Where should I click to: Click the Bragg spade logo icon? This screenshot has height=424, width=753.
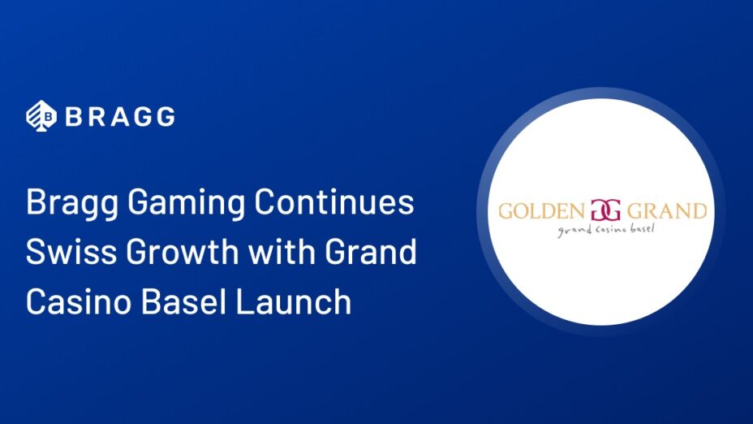[41, 116]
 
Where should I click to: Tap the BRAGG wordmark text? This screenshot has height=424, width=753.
[120, 117]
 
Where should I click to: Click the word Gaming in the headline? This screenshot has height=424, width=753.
[187, 204]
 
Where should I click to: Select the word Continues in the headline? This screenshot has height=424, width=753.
[334, 202]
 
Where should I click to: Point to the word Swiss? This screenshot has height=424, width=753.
[71, 252]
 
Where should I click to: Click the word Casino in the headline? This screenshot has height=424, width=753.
[78, 301]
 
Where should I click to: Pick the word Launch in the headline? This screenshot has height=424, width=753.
[294, 301]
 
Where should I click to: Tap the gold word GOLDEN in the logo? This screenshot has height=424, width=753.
[541, 211]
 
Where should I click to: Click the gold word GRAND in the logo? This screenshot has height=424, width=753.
[667, 211]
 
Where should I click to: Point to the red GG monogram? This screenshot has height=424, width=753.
[605, 210]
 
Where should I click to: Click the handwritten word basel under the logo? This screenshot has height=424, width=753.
[640, 228]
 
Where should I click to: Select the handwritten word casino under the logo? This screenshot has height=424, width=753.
[610, 230]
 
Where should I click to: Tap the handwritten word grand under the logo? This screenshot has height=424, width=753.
[574, 231]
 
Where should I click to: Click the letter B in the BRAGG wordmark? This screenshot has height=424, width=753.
[75, 117]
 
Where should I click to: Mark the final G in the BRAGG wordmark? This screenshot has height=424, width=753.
[166, 117]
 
